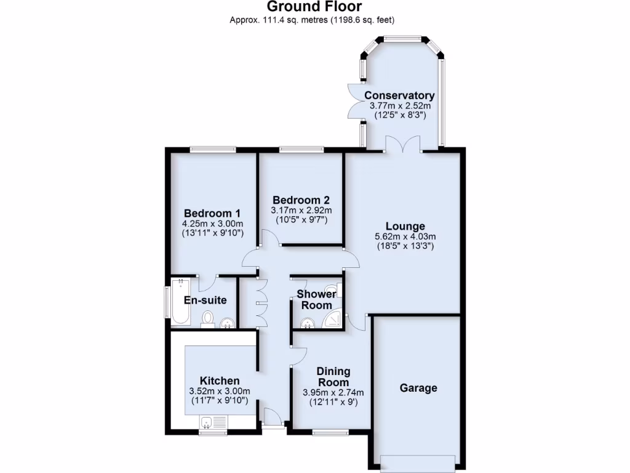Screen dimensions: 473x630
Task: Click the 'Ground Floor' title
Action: (x=314, y=7)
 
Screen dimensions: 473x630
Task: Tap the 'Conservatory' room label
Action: (x=399, y=95)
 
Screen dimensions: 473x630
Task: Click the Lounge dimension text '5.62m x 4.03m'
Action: (x=405, y=236)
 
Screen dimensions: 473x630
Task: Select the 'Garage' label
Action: (x=418, y=388)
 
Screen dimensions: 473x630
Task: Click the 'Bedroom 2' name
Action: (x=301, y=200)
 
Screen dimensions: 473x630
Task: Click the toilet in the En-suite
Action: (x=208, y=318)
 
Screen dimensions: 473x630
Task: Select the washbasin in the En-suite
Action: (x=228, y=323)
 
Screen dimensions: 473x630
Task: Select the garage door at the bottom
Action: (x=418, y=462)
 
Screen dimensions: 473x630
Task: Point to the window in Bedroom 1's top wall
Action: (x=213, y=148)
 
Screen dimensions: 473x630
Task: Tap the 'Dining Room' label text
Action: (x=333, y=376)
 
